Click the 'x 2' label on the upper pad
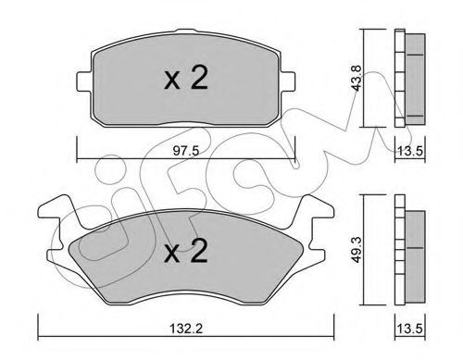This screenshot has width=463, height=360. point(185,81)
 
